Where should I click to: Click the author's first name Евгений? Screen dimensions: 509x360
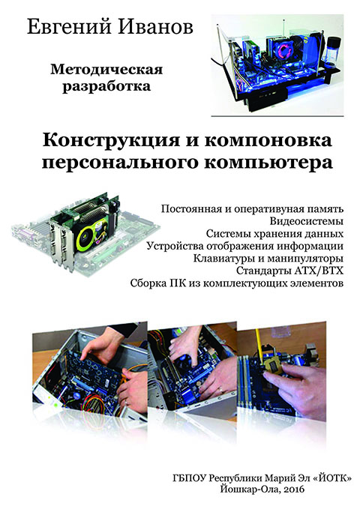[67, 28]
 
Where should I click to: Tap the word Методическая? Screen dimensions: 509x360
[106, 70]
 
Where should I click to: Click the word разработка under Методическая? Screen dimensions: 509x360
[106, 87]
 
